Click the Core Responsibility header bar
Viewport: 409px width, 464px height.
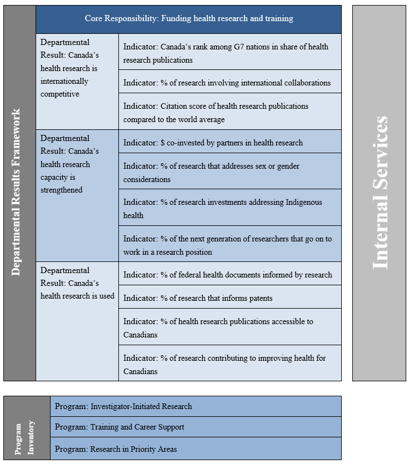[189, 19]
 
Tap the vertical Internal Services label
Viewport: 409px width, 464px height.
[380, 193]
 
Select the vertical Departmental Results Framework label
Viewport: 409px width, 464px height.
[17, 192]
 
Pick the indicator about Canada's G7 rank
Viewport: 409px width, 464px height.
[230, 53]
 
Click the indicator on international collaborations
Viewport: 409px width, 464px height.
[230, 83]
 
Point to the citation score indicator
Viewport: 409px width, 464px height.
[230, 113]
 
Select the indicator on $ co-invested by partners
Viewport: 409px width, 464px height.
[230, 143]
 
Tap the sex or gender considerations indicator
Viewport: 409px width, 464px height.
[230, 173]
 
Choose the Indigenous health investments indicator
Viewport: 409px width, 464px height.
[230, 209]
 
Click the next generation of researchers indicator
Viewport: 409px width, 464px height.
[230, 245]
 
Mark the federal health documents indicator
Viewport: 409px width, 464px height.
[230, 275]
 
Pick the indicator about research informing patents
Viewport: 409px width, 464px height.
[230, 298]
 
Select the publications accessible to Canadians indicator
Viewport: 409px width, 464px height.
[230, 328]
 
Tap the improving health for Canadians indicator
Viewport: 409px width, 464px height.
[230, 365]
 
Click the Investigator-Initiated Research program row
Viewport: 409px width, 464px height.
[196, 406]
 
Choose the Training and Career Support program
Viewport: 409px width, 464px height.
[196, 427]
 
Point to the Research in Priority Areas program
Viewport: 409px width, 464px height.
[196, 449]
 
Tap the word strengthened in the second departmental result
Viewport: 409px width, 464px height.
[62, 190]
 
